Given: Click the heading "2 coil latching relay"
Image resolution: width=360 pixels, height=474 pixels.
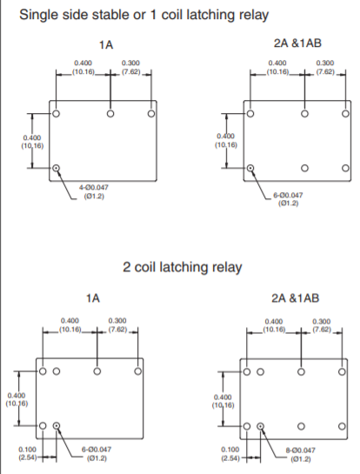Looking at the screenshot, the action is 183,268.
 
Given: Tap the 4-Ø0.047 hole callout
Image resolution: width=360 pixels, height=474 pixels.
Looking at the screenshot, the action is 94,191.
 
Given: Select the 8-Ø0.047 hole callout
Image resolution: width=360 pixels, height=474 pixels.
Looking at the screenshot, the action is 301,454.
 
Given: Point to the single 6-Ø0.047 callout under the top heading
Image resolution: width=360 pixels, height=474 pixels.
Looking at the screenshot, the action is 288,199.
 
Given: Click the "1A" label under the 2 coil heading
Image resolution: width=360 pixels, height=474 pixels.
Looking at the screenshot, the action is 93,298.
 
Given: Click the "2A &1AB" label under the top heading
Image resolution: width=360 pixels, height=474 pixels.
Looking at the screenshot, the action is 297,43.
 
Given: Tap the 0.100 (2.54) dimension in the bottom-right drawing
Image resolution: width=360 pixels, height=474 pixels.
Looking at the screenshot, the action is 230,454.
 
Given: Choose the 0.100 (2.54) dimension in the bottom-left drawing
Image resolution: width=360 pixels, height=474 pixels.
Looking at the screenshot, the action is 27,453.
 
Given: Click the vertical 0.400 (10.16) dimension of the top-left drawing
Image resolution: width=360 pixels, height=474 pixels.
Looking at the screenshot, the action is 32,142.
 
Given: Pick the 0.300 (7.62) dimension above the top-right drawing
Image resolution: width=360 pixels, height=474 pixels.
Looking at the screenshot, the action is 325,68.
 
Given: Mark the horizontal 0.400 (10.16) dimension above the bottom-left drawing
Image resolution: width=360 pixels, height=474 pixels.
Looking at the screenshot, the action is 70,325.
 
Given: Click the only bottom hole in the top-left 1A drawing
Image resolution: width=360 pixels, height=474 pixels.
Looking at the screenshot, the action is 56,168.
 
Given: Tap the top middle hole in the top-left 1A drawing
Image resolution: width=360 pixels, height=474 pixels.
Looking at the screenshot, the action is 110,114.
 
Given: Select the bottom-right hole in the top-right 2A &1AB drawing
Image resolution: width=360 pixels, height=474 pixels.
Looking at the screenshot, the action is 345,168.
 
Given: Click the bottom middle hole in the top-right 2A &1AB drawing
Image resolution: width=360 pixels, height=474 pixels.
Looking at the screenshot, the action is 304,168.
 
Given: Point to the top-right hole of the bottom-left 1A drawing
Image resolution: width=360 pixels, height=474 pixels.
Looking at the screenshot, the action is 138,371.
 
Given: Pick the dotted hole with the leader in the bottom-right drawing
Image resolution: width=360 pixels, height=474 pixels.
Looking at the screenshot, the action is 260,426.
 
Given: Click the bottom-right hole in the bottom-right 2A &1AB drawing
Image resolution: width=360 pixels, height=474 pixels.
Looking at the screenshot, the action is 342,426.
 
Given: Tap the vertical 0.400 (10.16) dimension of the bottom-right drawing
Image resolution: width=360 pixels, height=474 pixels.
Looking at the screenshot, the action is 223,401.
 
